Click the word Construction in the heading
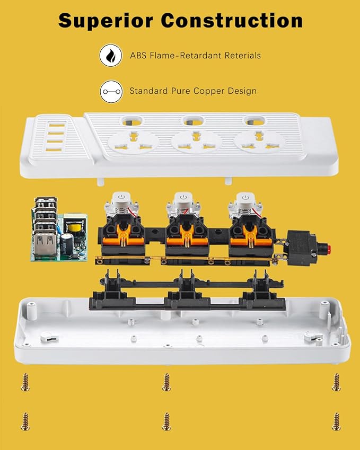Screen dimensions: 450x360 click(232, 21)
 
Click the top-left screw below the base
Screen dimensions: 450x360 click(24, 382)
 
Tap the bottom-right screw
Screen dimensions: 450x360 click(336, 421)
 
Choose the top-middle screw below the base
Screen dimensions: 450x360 click(166, 382)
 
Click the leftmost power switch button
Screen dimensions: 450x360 click(121, 197)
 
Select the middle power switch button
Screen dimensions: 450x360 click(183, 197)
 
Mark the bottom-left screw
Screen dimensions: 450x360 click(24, 421)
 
